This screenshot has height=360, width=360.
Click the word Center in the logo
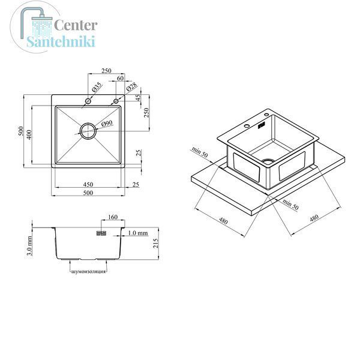click(x=76, y=25)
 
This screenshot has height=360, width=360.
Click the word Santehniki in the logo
click(x=61, y=41)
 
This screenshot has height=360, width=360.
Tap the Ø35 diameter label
click(x=97, y=87)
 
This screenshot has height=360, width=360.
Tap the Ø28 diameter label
click(x=132, y=87)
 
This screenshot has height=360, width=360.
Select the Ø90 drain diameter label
click(x=107, y=124)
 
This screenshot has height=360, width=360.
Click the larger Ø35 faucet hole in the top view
click(x=88, y=101)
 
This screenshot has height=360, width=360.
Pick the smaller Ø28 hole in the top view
click(x=116, y=101)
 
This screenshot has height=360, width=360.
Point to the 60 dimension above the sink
click(x=121, y=78)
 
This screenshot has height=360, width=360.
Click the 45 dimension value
click(x=138, y=98)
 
